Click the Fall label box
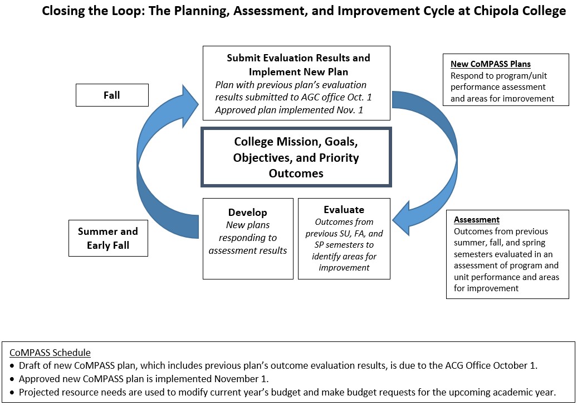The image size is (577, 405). pos(113,95)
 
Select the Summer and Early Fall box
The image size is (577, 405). pos(108,238)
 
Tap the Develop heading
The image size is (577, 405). pos(248,213)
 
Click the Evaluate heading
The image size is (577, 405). pos(344,210)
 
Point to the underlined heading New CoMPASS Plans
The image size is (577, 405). pos(491,64)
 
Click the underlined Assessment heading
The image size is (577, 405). pos(477,220)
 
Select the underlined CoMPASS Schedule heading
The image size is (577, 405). pos(50,353)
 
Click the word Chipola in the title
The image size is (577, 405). pos(495,11)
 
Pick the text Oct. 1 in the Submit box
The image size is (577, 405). pos(360,97)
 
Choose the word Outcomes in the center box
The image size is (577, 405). pos(296,173)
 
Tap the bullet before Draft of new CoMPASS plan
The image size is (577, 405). pos(12,366)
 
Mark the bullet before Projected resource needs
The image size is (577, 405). pos(12,393)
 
